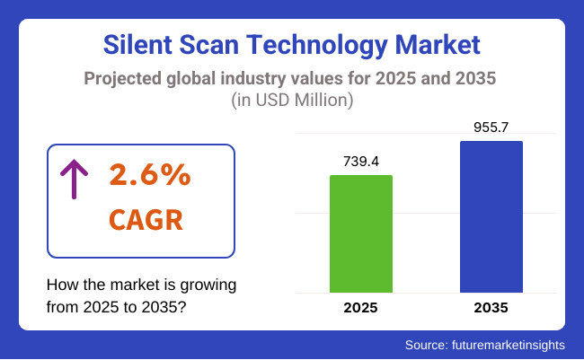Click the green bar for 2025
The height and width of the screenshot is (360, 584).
pos(361,233)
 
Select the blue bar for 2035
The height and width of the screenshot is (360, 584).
pos(491,216)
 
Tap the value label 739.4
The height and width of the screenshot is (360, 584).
pos(361,162)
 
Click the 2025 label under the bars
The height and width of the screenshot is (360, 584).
pos(361,308)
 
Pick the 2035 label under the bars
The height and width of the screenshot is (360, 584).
pos(491,308)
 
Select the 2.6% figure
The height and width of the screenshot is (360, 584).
pos(150,176)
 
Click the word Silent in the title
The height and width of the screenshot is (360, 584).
pos(137,44)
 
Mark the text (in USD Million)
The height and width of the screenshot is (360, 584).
pos(291,101)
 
